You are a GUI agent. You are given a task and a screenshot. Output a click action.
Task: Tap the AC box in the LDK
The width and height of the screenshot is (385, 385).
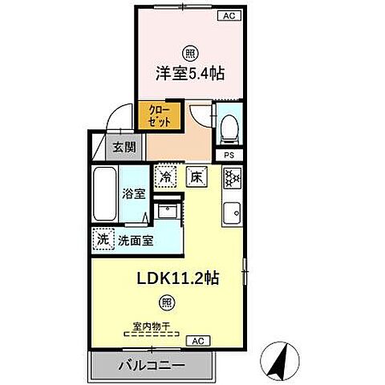click(198, 341)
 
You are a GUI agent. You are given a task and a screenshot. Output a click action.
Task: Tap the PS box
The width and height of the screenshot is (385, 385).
click(229, 155)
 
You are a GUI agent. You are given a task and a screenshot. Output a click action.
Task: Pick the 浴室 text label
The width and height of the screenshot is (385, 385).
click(133, 193)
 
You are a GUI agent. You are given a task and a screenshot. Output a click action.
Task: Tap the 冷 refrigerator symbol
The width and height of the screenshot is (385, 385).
click(166, 176)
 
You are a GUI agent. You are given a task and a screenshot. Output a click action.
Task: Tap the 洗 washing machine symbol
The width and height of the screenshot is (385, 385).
click(103, 238)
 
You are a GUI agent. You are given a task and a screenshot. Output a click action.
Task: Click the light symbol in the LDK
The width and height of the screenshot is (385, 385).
click(166, 302)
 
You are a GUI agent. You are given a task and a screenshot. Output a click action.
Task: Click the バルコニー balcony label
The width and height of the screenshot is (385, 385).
click(152, 365)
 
